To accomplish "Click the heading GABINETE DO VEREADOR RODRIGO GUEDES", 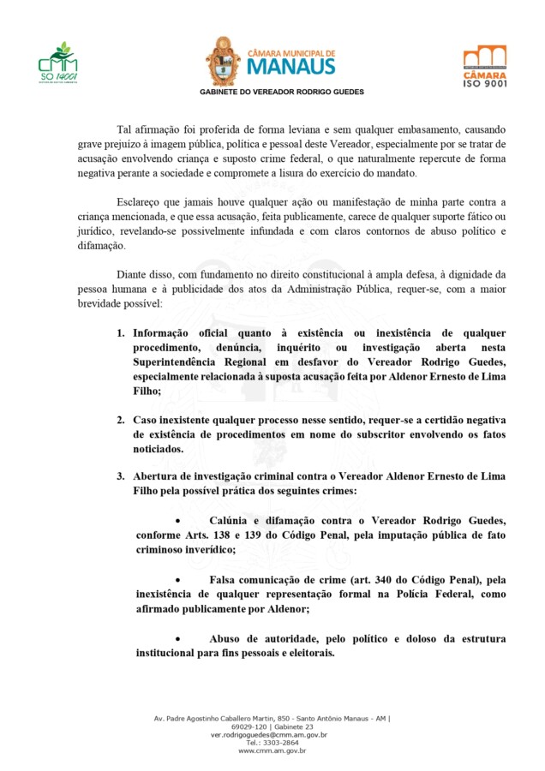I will pyautogui.click(x=282, y=91).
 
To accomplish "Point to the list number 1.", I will pyautogui.click(x=122, y=332).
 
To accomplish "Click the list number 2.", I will pyautogui.click(x=122, y=420).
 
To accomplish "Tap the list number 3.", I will pyautogui.click(x=122, y=476).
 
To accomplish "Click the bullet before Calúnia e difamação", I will pyautogui.click(x=177, y=521).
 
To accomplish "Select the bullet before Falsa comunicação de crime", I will pyautogui.click(x=177, y=580).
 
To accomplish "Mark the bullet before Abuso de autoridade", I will pyautogui.click(x=177, y=639).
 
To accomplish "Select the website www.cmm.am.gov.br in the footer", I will pyautogui.click(x=272, y=750).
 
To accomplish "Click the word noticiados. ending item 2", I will pyautogui.click(x=159, y=448).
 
